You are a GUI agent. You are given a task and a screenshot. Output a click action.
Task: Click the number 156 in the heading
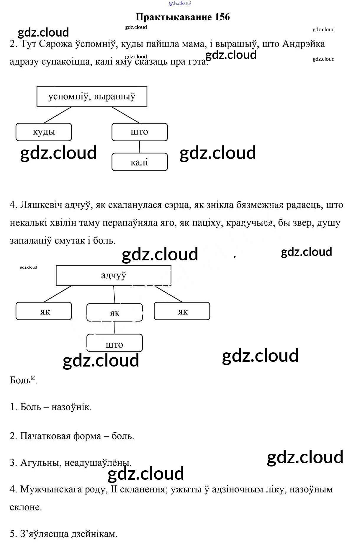click(222, 17)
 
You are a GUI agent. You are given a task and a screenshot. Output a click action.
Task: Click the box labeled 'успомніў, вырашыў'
click(92, 97)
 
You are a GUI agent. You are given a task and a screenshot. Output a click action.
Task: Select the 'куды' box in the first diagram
click(44, 132)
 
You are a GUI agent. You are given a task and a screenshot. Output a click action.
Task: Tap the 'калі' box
click(140, 162)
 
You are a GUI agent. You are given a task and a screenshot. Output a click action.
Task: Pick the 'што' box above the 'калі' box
click(140, 132)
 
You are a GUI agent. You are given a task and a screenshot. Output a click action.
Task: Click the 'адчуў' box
click(114, 275)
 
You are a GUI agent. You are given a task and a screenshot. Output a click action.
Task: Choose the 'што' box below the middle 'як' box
click(114, 343)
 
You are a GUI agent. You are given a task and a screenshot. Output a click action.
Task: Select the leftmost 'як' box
click(44, 311)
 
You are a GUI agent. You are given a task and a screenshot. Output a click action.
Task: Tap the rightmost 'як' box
click(182, 311)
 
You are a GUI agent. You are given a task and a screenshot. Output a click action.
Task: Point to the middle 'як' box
click(114, 313)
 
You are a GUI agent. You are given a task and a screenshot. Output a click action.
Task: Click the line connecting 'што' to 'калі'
click(140, 147)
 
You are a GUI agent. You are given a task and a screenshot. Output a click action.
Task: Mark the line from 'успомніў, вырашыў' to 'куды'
click(58, 115)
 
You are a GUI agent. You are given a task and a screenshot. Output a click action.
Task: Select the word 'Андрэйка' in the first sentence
click(304, 44)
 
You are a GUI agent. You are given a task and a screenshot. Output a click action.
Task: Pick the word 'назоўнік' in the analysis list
click(71, 407)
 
